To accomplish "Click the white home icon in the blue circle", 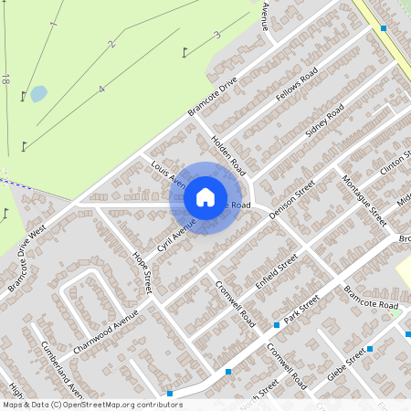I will (x=205, y=197).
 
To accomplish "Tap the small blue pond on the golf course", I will (x=38, y=93).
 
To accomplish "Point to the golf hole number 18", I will (x=5, y=79).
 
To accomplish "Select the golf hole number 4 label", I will (x=101, y=89).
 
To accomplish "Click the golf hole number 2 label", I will (x=111, y=44).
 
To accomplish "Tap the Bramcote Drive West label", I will (x=26, y=260).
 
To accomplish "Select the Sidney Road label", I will (x=324, y=122).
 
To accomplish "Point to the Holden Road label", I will (x=228, y=153).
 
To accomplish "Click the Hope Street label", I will (x=141, y=272).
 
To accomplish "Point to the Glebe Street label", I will (x=350, y=364).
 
